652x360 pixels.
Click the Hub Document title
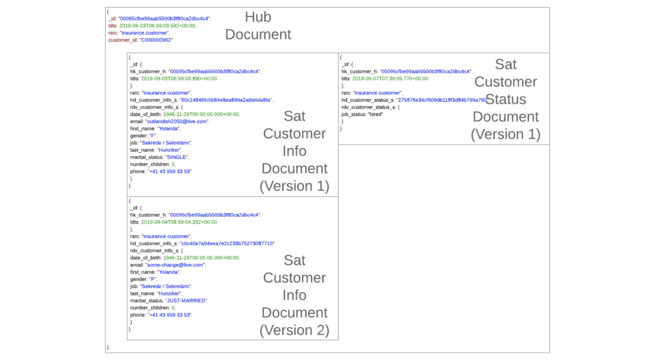pyautogui.click(x=258, y=26)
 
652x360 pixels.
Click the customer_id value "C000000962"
pyautogui.click(x=156, y=40)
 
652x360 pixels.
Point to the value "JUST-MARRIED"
pyautogui.click(x=186, y=300)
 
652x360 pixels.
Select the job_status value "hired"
pyautogui.click(x=375, y=114)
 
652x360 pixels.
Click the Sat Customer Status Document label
pyautogui.click(x=505, y=99)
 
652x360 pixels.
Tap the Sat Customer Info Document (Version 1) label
pyautogui.click(x=294, y=151)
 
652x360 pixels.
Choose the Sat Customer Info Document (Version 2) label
pyautogui.click(x=294, y=295)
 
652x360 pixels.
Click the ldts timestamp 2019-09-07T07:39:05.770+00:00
pyautogui.click(x=390, y=79)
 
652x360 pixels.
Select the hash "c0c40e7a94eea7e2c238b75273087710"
pyautogui.click(x=227, y=243)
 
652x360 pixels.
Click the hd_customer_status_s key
pyautogui.click(x=367, y=100)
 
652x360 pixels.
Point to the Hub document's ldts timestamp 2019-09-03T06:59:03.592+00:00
pyautogui.click(x=157, y=26)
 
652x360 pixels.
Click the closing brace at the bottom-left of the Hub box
pyautogui.click(x=108, y=347)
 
